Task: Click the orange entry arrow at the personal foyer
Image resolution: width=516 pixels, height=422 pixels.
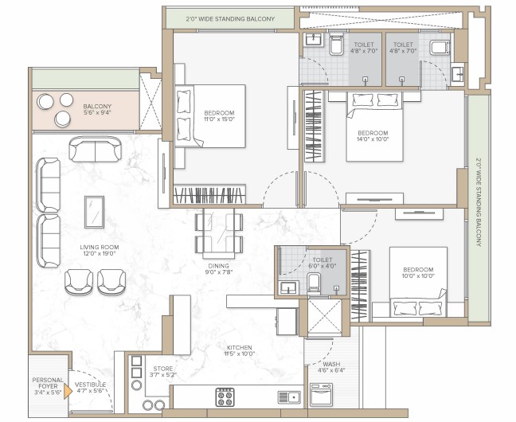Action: click(68, 391)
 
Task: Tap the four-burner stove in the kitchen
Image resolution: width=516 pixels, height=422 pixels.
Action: click(225, 397)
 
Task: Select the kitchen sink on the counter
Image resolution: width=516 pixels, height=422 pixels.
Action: click(289, 397)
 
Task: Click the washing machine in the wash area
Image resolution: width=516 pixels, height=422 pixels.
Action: click(321, 394)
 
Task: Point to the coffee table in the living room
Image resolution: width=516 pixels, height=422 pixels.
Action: click(95, 213)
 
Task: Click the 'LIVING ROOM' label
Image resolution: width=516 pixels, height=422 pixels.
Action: click(100, 247)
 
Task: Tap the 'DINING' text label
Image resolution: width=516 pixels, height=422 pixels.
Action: click(218, 266)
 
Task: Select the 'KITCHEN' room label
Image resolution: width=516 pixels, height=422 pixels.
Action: click(239, 348)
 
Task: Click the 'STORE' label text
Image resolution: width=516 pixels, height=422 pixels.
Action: click(163, 369)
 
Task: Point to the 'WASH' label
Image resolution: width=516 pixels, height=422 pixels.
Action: click(331, 365)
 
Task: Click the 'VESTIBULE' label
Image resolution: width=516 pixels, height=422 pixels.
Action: click(90, 385)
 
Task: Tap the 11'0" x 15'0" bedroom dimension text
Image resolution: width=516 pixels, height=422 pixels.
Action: click(219, 119)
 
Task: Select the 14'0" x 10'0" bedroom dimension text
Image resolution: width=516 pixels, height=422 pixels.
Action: click(373, 139)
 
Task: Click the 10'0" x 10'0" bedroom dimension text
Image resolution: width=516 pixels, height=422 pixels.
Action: click(418, 275)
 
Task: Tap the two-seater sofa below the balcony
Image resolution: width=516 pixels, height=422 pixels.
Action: click(96, 149)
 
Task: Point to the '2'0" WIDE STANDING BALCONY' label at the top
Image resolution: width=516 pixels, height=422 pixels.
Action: click(230, 19)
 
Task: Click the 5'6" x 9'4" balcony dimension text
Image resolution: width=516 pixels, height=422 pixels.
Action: click(97, 112)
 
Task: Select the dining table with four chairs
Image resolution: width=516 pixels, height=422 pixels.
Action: click(219, 233)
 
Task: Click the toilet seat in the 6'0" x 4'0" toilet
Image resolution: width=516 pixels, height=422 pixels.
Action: click(314, 283)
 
